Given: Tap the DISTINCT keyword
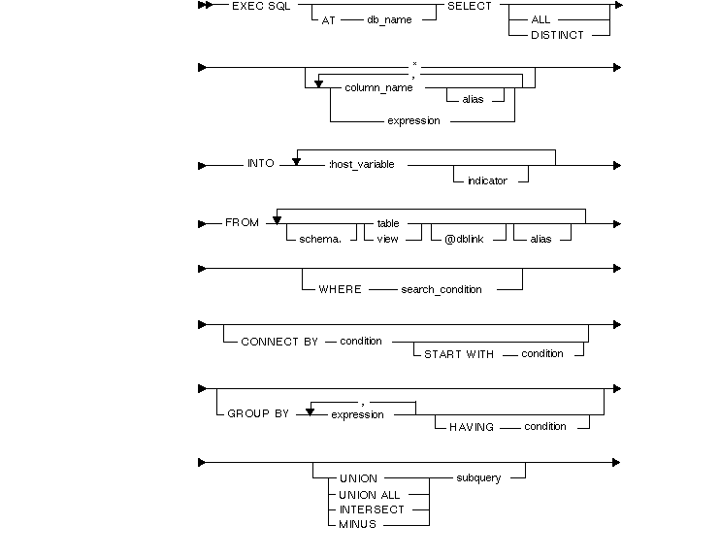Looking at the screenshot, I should pyautogui.click(x=557, y=35).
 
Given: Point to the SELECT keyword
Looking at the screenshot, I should pyautogui.click(x=469, y=6).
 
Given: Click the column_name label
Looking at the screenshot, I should pyautogui.click(x=378, y=87).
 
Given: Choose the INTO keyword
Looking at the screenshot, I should pyautogui.click(x=261, y=165).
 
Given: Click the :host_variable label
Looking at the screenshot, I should pyautogui.click(x=362, y=165).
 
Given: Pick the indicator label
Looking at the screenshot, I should pyautogui.click(x=487, y=181).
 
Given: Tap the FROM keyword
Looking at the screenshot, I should pyautogui.click(x=242, y=223).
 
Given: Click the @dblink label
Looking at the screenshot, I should pyautogui.click(x=462, y=238).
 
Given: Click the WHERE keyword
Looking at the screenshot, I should pyautogui.click(x=340, y=289).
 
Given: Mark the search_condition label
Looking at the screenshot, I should pyautogui.click(x=442, y=289).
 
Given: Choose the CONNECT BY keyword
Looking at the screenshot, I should pyautogui.click(x=278, y=342).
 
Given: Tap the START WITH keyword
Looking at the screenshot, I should pyautogui.click(x=459, y=354).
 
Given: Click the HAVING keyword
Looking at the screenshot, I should pyautogui.click(x=472, y=427).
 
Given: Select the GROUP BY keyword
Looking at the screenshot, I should pyautogui.click(x=258, y=413).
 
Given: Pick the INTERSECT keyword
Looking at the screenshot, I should pyautogui.click(x=372, y=509).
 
